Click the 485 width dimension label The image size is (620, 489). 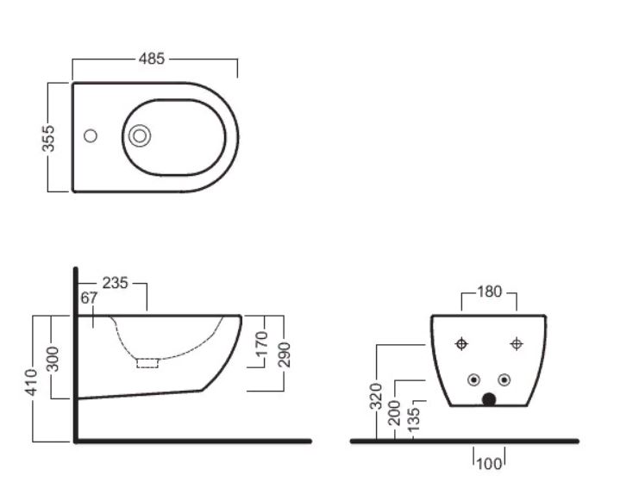[152, 59]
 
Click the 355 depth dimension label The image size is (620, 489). [48, 138]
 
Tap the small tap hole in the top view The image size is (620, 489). [91, 136]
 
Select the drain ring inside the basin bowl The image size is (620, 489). [140, 135]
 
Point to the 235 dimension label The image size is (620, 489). [115, 283]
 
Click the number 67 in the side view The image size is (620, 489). [89, 298]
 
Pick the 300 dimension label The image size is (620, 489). [53, 359]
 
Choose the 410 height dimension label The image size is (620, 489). [31, 382]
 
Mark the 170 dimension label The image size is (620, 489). [262, 344]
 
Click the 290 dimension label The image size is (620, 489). [284, 354]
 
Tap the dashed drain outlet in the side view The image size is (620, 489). [147, 363]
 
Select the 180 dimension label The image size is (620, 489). [490, 292]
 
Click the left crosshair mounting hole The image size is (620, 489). [461, 344]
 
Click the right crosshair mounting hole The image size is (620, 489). [517, 344]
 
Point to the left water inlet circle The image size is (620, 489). [473, 379]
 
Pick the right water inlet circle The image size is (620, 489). [504, 379]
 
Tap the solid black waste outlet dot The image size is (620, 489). [489, 399]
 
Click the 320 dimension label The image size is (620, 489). [376, 396]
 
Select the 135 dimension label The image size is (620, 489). [413, 420]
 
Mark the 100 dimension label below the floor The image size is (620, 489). [490, 464]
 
